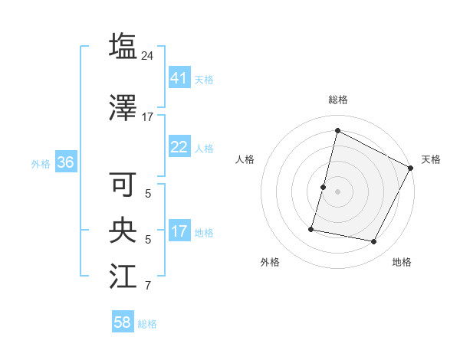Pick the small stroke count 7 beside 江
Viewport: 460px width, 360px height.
pos(148,286)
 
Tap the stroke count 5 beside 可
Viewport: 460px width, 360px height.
pos(148,193)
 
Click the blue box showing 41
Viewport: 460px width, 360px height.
pos(179,78)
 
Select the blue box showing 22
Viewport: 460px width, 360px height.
pos(179,147)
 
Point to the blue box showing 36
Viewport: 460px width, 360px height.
pos(65,162)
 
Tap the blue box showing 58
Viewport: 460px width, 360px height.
pos(123,322)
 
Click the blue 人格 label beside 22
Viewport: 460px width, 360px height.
pos(204,148)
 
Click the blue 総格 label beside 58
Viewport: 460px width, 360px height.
pos(147,323)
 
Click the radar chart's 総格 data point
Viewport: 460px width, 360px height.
pos(337,131)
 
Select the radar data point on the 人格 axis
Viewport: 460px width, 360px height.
pos(324,187)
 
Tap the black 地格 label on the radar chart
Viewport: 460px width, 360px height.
pos(402,262)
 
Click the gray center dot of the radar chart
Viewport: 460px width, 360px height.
pos(337,191)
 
